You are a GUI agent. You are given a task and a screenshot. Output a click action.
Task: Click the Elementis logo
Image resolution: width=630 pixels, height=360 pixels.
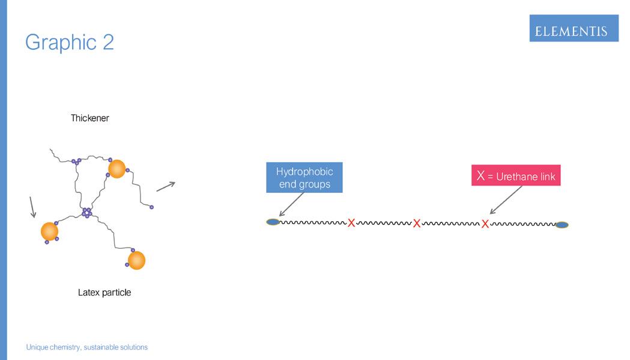574,28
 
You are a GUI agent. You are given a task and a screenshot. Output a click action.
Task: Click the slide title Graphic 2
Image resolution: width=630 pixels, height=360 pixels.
70,42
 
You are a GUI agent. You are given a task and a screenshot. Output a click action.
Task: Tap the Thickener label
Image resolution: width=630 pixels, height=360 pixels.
90,118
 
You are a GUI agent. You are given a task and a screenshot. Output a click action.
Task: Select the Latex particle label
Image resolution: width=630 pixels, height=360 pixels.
104,293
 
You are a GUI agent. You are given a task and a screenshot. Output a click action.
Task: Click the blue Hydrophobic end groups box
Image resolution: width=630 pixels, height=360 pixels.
304,177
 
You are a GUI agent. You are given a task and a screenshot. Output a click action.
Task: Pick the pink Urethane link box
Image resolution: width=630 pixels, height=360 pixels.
516,177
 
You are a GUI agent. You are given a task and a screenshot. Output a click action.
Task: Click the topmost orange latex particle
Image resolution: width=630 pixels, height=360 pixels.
117,169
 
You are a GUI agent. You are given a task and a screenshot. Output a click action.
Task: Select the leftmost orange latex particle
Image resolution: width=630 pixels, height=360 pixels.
49,231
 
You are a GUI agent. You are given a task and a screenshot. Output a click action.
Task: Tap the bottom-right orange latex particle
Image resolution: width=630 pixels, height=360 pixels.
136,260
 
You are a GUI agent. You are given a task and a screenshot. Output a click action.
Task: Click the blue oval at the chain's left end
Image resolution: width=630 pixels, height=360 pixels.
273,222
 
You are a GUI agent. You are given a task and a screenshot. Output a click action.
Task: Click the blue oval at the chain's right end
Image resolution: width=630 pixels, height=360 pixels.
562,225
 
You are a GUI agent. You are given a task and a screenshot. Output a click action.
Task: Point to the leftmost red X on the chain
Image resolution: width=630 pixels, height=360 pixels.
351,223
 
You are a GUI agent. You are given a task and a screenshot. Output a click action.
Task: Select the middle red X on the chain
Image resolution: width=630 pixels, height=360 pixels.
416,224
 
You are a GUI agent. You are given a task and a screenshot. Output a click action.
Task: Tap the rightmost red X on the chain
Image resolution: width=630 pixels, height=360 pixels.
485,224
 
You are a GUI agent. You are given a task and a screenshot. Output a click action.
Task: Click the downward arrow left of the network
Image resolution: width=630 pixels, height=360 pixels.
32,206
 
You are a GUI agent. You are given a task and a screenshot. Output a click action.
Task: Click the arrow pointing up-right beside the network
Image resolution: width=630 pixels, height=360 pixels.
166,186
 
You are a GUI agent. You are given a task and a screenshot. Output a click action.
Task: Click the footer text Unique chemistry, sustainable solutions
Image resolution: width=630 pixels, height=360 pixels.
86,347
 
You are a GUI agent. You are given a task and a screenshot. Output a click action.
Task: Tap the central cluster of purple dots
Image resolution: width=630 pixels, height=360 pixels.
87,212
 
